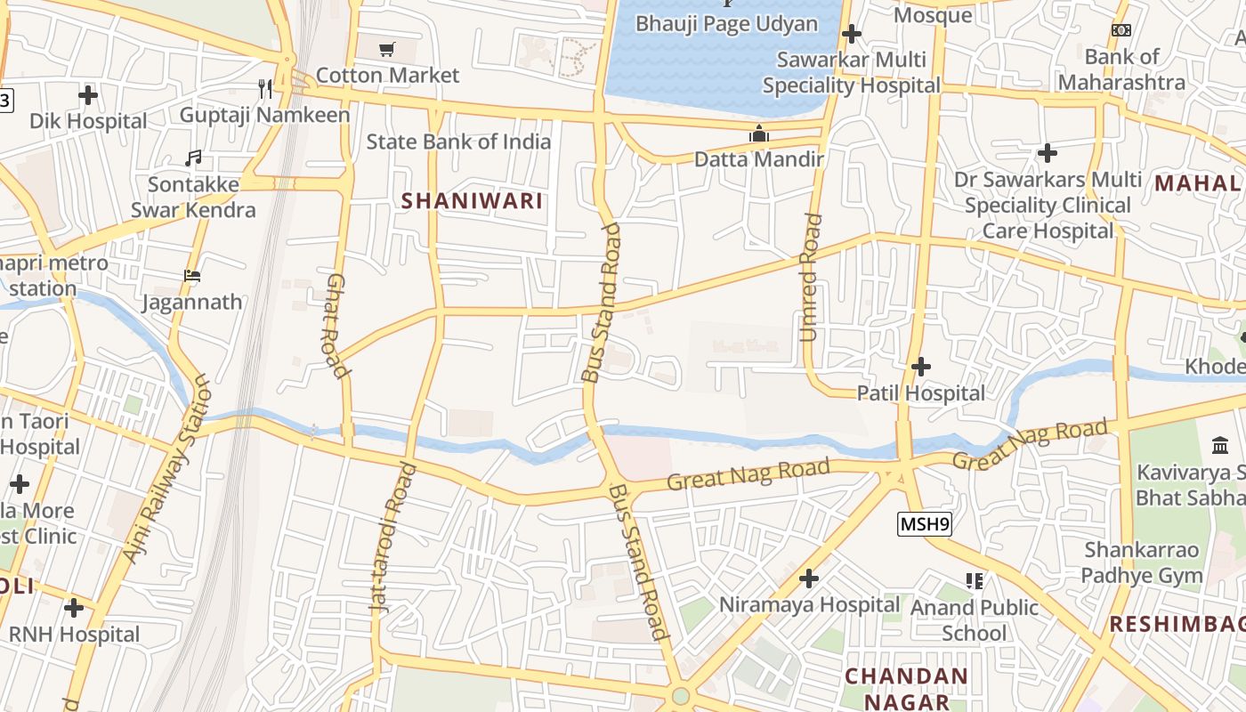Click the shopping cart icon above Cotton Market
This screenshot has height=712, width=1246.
click(x=386, y=50)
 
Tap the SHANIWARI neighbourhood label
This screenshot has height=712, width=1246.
click(x=472, y=201)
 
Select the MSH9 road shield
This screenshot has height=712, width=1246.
click(x=925, y=524)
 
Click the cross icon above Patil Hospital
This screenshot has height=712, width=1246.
click(x=921, y=366)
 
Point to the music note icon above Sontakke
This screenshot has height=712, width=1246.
click(x=193, y=158)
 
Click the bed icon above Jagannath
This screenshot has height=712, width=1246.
click(x=191, y=276)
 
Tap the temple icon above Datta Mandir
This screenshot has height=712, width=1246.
click(x=759, y=134)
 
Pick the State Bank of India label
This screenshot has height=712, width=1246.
click(x=458, y=142)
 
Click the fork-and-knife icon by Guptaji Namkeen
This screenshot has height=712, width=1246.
click(x=264, y=88)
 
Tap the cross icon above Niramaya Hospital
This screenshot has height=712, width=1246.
click(x=808, y=579)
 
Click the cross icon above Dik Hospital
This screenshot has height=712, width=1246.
click(x=87, y=94)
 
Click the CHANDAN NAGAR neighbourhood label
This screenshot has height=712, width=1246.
click(x=906, y=689)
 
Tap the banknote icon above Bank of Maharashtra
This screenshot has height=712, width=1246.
click(x=1121, y=30)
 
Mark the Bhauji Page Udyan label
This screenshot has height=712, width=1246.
click(x=726, y=23)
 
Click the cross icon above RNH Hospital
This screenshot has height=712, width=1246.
click(x=74, y=608)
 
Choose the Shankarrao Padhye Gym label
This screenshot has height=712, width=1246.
click(x=1142, y=562)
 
